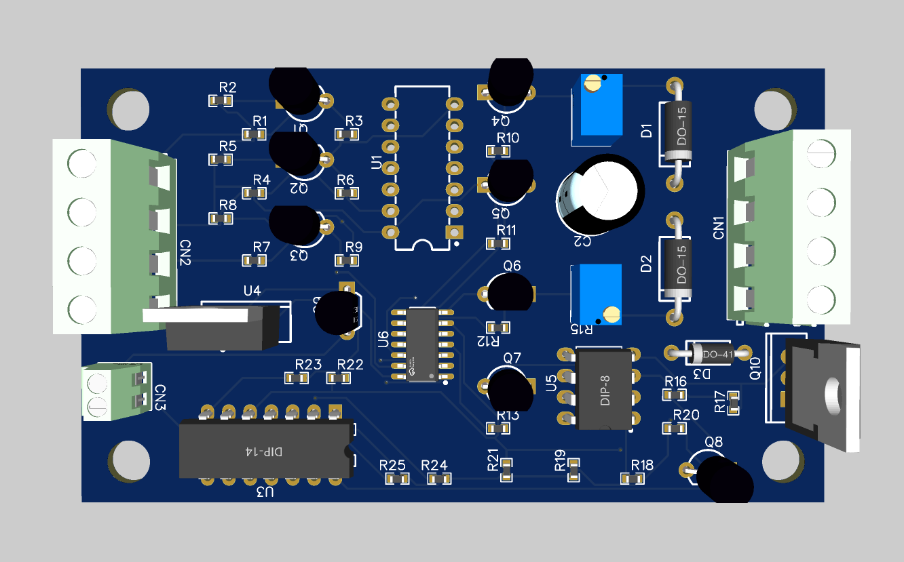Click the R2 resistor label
pos(228,87)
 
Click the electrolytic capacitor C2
pos(599,193)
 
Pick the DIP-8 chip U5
pos(603,389)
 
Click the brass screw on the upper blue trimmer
pos(593,85)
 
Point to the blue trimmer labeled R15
pos(597,295)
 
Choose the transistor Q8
pos(723,477)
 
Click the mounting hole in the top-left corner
pos(129,108)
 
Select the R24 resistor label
pos(434,465)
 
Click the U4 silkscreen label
pos(252,291)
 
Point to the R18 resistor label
pos(642,465)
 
